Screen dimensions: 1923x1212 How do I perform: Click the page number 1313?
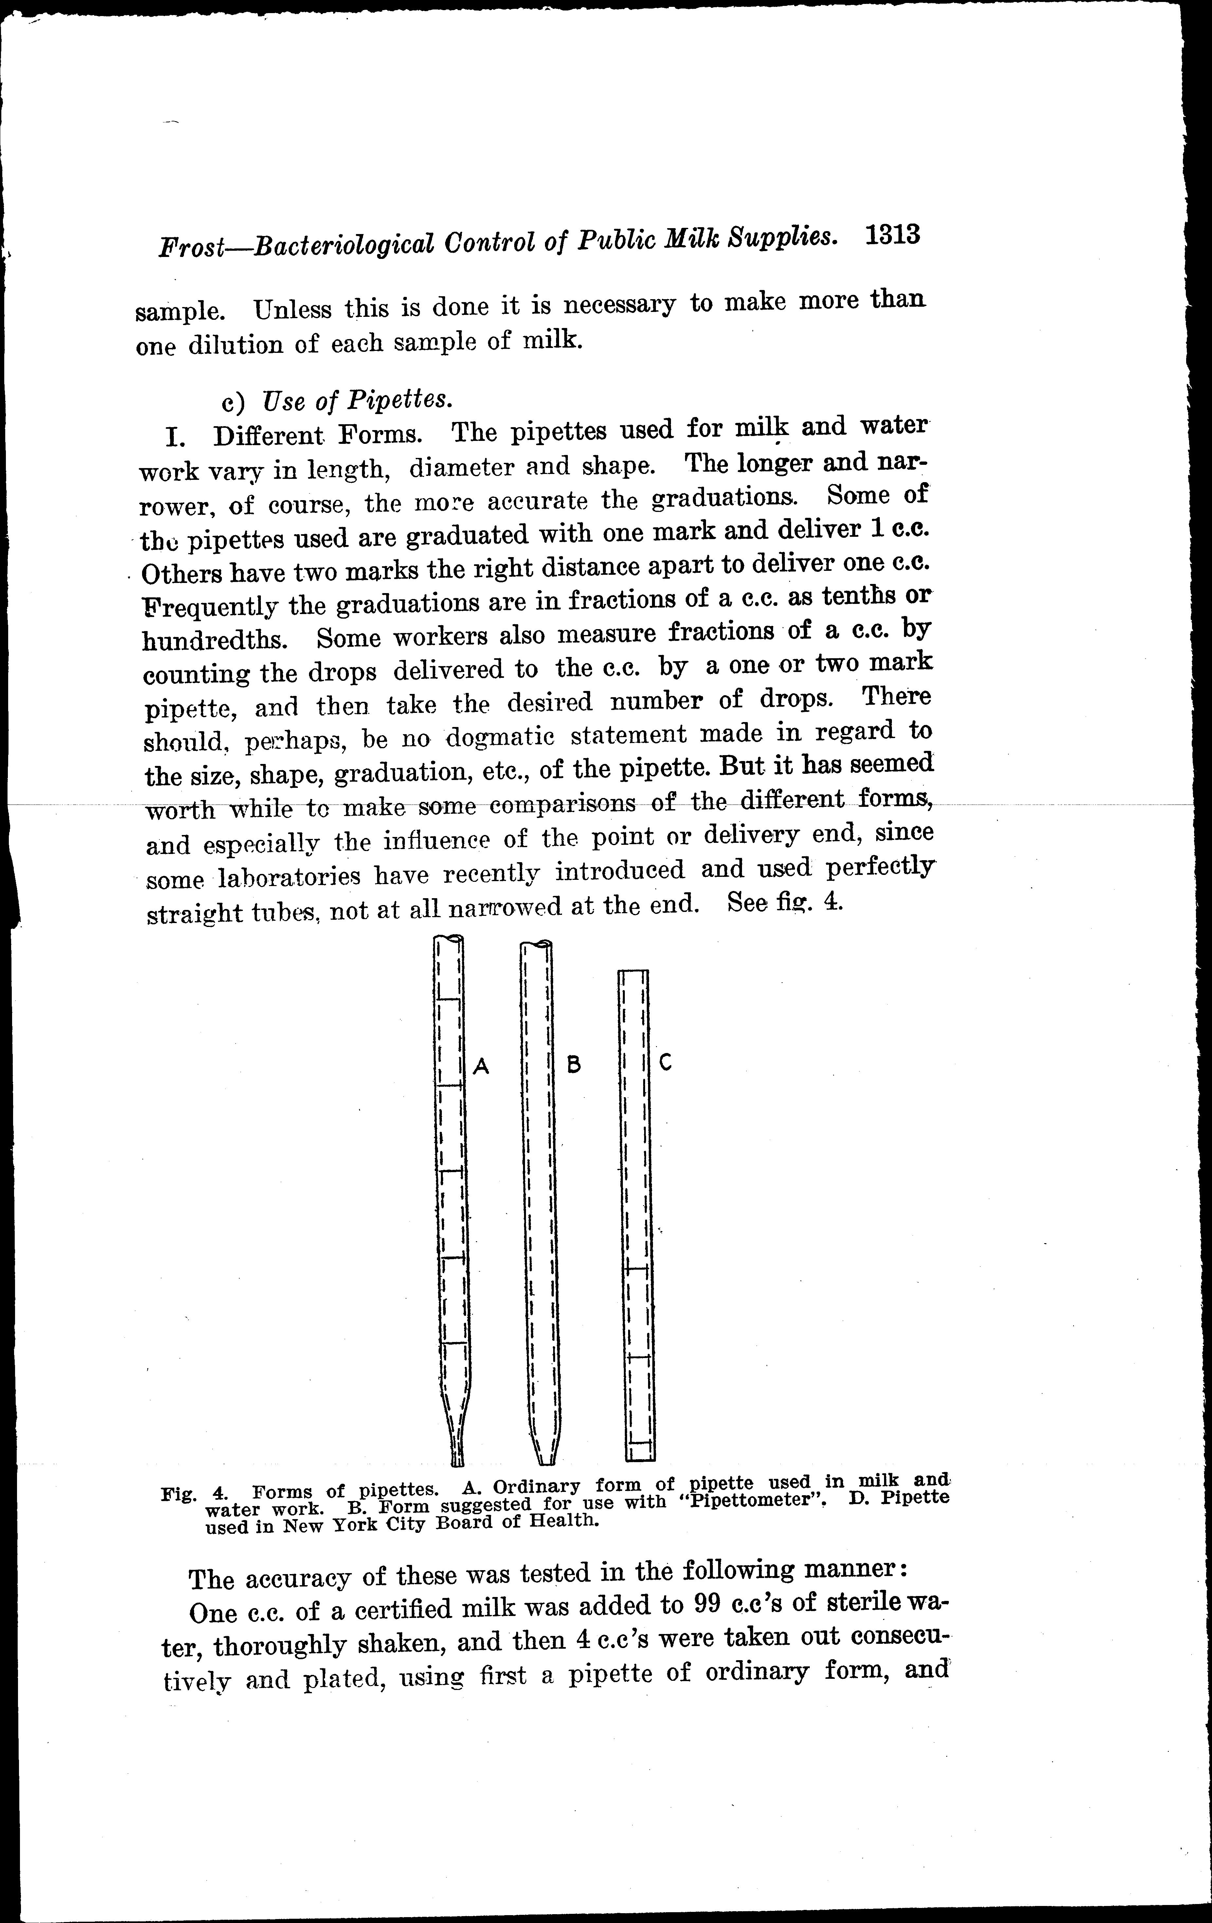892,236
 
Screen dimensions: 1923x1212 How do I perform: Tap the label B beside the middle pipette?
573,1064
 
